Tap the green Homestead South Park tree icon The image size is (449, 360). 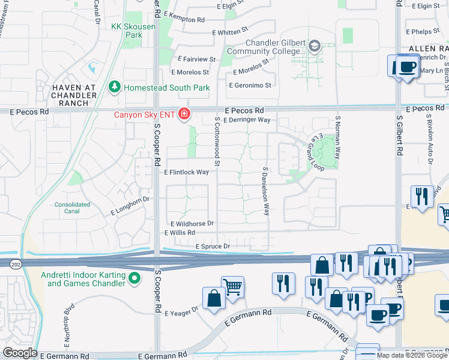click(114, 88)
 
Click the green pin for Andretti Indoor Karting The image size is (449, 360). click(135, 278)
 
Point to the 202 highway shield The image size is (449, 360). click(16, 263)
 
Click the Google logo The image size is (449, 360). click(20, 353)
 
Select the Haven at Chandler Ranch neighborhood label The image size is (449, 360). click(66, 94)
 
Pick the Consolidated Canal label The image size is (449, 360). click(73, 208)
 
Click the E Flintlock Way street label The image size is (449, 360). click(186, 172)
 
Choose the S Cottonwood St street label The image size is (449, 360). click(217, 142)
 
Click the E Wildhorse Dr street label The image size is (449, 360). click(192, 223)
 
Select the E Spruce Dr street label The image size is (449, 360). click(212, 247)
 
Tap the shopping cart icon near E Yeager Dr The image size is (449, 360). click(232, 286)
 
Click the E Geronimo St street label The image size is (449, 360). click(250, 85)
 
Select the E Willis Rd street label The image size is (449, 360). click(179, 232)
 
